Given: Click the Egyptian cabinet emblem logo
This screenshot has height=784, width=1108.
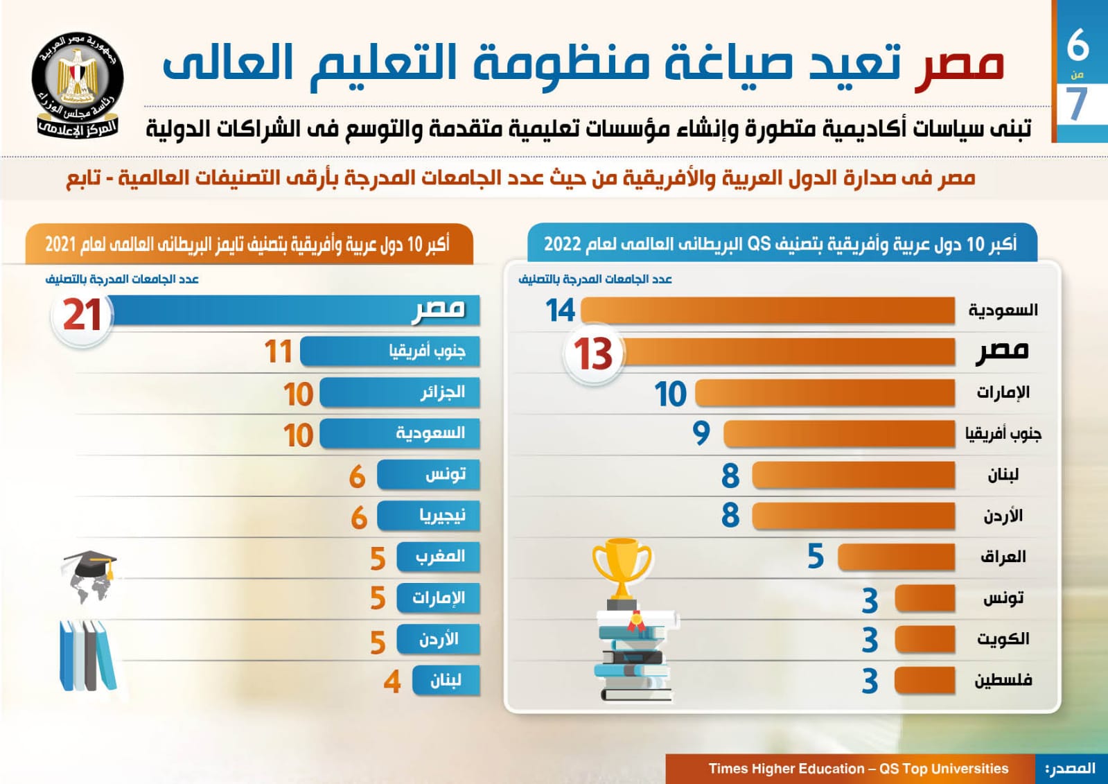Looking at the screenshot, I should click(x=78, y=83).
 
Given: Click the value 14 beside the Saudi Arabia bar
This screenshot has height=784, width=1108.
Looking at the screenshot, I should click(x=560, y=311).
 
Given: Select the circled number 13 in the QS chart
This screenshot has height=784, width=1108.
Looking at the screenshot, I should click(x=593, y=354).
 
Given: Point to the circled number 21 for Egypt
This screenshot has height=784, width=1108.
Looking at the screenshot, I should click(x=82, y=315).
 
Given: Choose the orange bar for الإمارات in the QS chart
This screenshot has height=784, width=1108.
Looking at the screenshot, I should click(x=825, y=393).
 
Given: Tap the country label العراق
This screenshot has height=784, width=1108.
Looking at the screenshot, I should click(x=1003, y=557).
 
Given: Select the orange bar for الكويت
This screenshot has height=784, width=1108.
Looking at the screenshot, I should click(x=924, y=639).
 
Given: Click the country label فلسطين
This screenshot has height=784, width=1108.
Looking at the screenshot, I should click(x=1003, y=680).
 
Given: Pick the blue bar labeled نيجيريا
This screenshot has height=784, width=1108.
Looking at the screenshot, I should click(x=428, y=516).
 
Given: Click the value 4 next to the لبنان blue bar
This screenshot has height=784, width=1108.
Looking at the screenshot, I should click(x=392, y=681).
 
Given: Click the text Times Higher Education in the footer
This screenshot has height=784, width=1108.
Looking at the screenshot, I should click(x=786, y=769).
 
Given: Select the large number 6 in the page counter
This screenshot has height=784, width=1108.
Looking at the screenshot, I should click(x=1078, y=44).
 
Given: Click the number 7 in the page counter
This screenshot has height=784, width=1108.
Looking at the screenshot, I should click(x=1077, y=104).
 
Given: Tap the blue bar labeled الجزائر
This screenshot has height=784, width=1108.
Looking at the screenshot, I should click(x=399, y=393).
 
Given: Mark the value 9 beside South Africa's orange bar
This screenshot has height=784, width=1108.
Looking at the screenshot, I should click(x=701, y=434).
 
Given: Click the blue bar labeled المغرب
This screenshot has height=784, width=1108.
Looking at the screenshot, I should click(x=438, y=557).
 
